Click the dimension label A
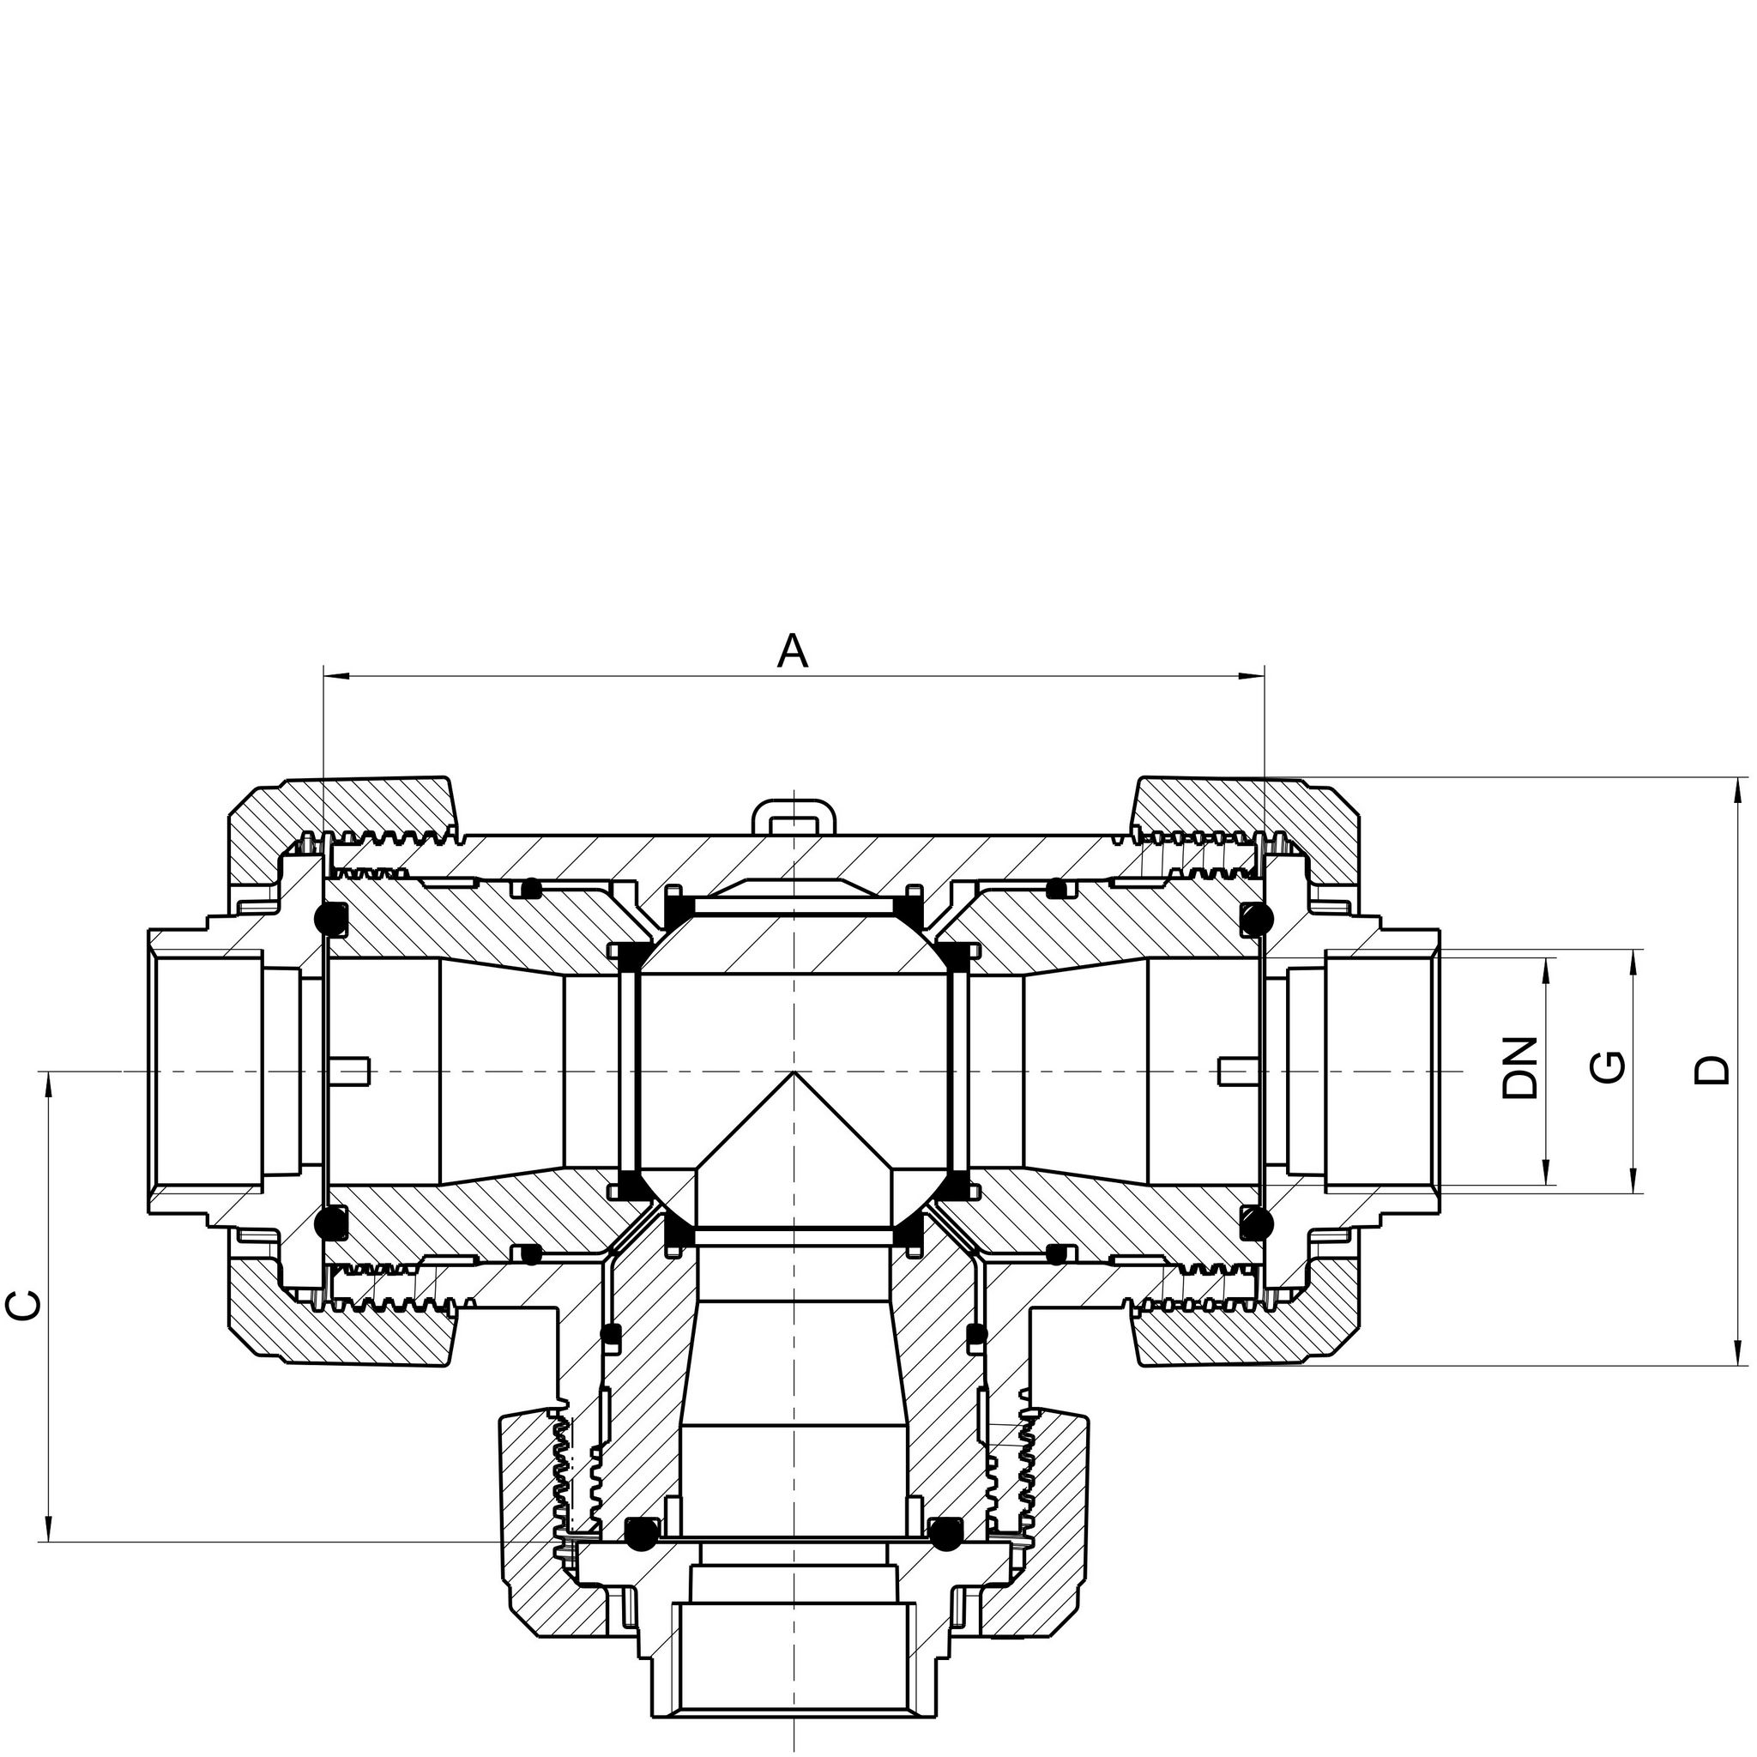pyautogui.click(x=793, y=651)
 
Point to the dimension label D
pyautogui.click(x=1712, y=1070)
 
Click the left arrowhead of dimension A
pyautogui.click(x=336, y=676)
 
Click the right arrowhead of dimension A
pyautogui.click(x=1252, y=676)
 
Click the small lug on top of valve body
pyautogui.click(x=793, y=815)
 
